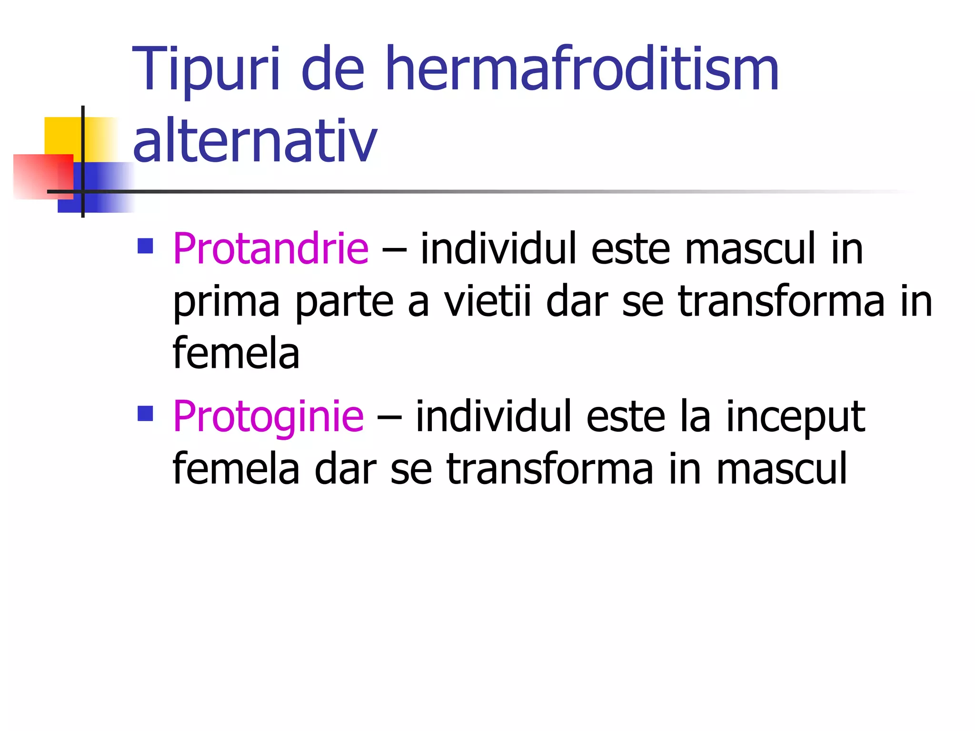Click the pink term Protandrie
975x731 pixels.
coord(270,248)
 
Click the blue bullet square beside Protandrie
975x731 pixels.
coord(145,246)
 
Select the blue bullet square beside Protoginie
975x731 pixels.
coord(145,414)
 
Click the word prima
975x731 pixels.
coord(226,302)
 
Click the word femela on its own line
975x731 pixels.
coord(236,354)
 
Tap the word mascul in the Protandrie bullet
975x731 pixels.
coord(750,249)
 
